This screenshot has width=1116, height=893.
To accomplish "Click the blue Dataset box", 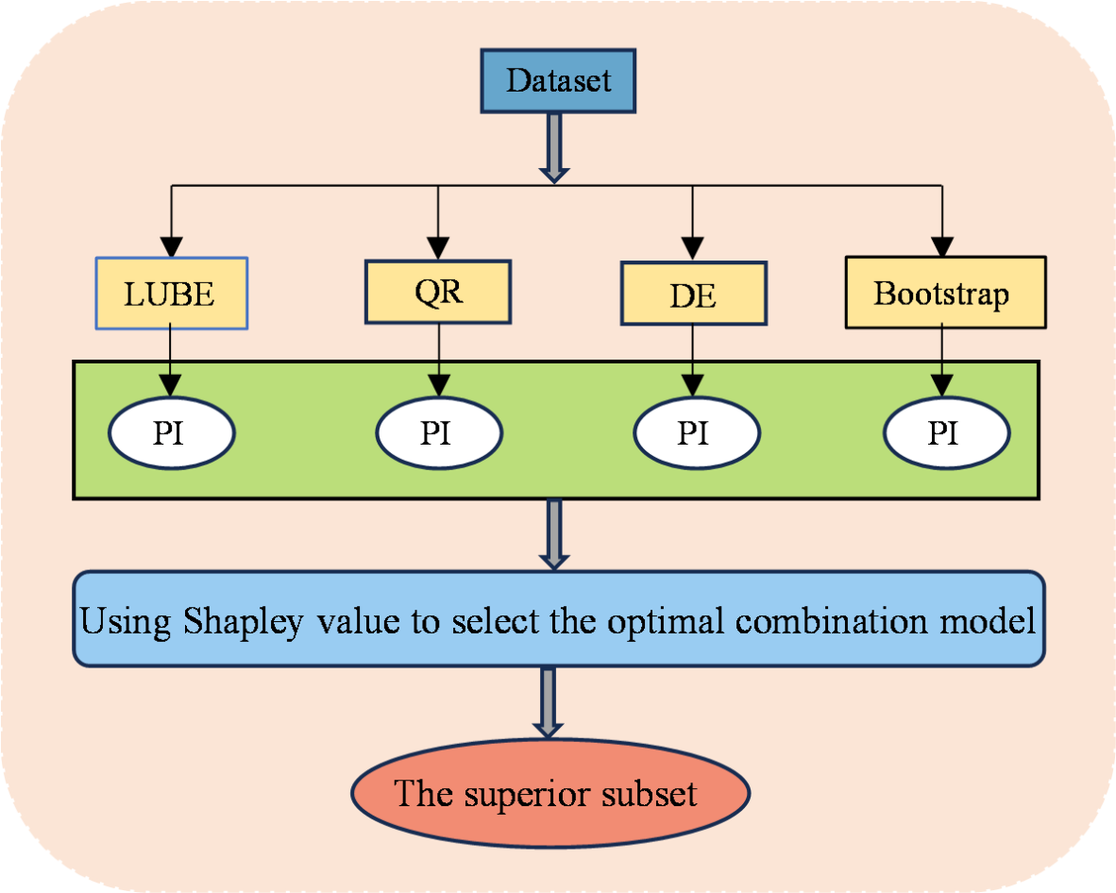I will coord(558,80).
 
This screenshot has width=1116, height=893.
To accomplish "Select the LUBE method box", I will coord(171,294).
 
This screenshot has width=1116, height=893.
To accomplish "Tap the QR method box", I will coord(437,292).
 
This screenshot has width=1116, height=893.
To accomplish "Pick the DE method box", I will coord(692,295).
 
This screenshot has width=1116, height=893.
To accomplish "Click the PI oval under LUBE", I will coord(171,432).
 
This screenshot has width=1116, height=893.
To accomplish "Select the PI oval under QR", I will coord(438,432).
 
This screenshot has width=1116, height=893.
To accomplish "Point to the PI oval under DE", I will coord(695,432).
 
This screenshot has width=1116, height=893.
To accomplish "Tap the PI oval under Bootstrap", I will coord(945,432).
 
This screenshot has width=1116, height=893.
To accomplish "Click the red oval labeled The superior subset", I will coord(550,793).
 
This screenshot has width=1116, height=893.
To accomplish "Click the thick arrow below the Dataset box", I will coord(554,147).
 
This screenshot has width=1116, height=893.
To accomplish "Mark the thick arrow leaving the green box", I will coord(554,534).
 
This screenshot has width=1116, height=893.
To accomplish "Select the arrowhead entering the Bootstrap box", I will coord(943,248).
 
